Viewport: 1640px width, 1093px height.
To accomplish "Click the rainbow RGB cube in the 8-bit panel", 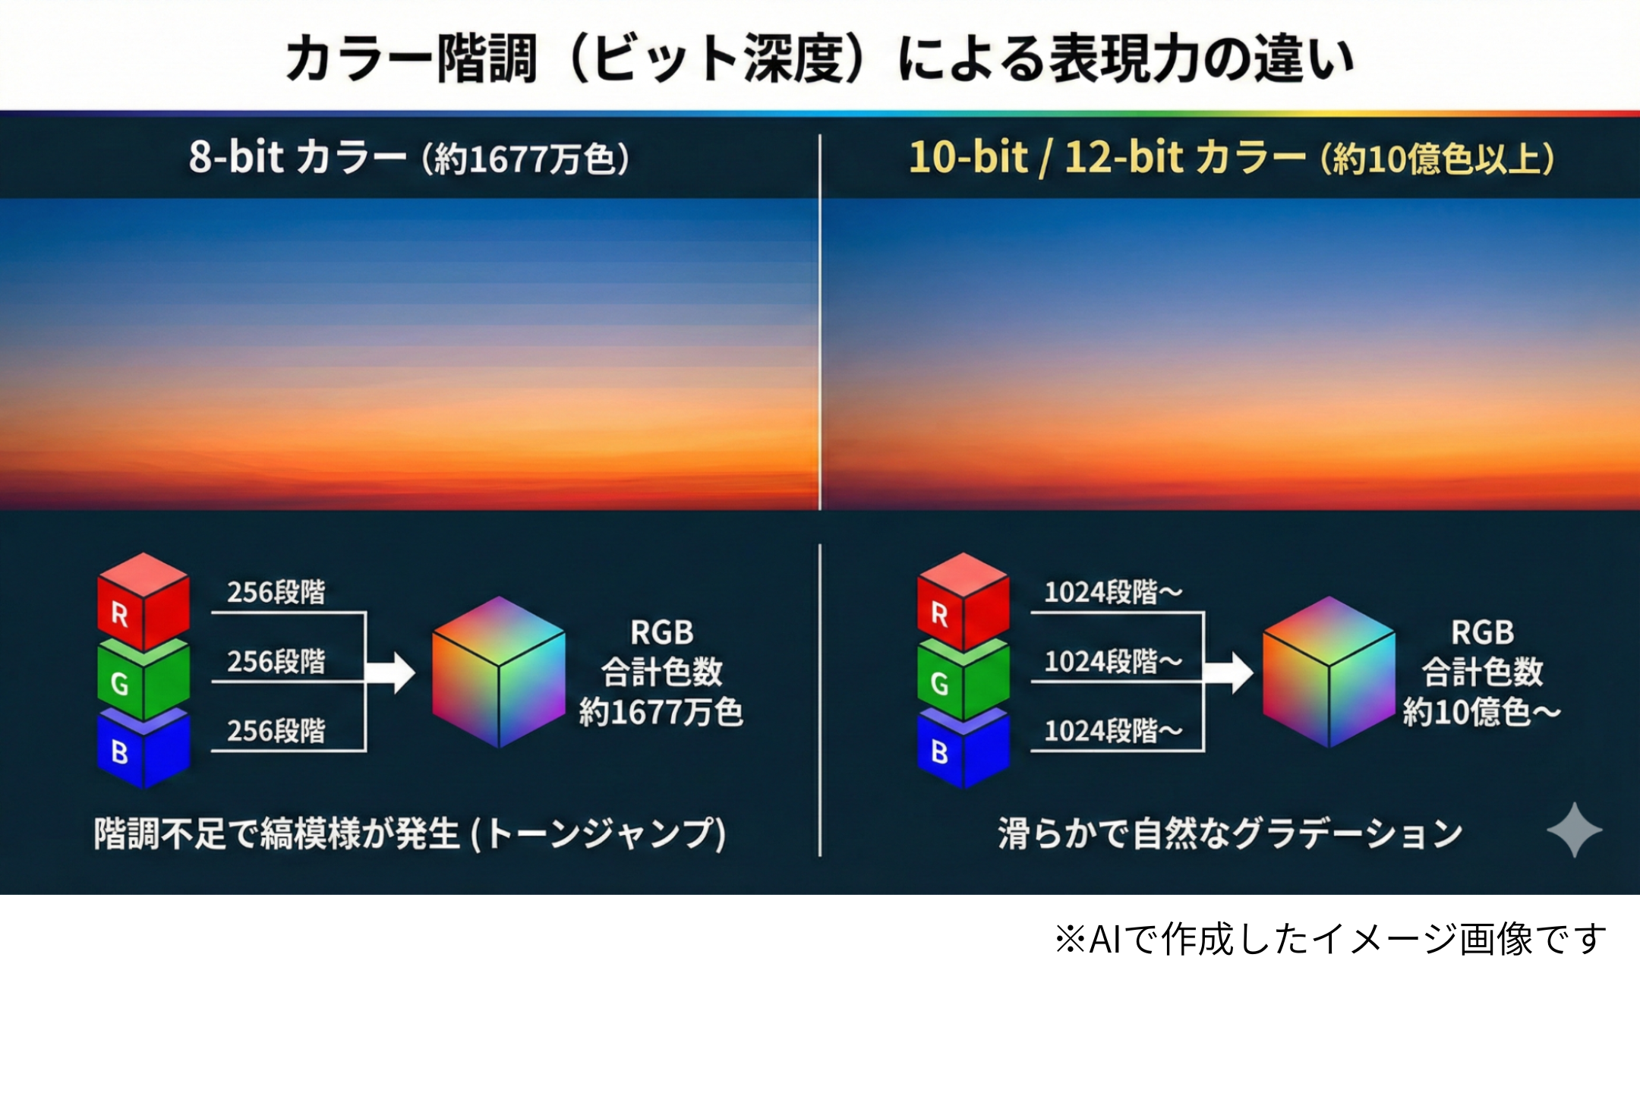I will coord(498,672).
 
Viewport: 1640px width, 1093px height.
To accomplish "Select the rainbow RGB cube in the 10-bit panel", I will coord(1329,672).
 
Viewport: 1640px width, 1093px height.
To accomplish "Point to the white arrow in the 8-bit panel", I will coord(393,672).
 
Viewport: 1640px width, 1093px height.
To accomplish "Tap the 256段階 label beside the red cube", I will coord(276,592).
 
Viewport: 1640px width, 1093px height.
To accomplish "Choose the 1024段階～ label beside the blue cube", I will coord(1112,731).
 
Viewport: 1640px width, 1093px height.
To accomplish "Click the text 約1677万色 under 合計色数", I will coord(661,713).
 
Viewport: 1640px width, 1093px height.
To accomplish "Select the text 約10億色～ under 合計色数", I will coord(1481,713).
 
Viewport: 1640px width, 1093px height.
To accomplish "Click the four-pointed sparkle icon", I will coord(1574,830).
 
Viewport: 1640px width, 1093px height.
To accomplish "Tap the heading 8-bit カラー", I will coord(297,158).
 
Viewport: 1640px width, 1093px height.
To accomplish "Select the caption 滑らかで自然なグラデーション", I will coord(1230,833).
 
